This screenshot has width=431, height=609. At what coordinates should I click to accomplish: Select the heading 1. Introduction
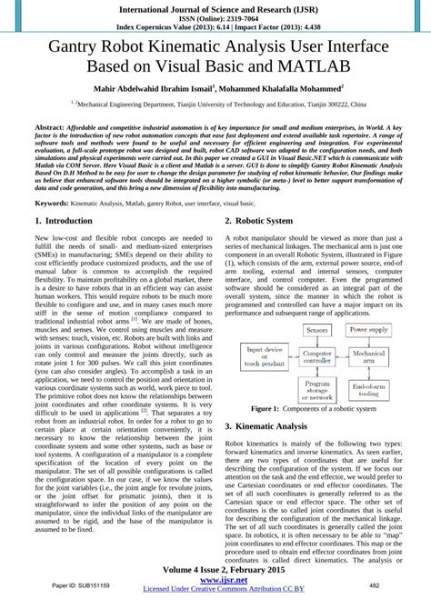click(x=69, y=221)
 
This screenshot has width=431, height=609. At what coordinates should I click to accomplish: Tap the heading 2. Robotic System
click(x=265, y=221)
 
